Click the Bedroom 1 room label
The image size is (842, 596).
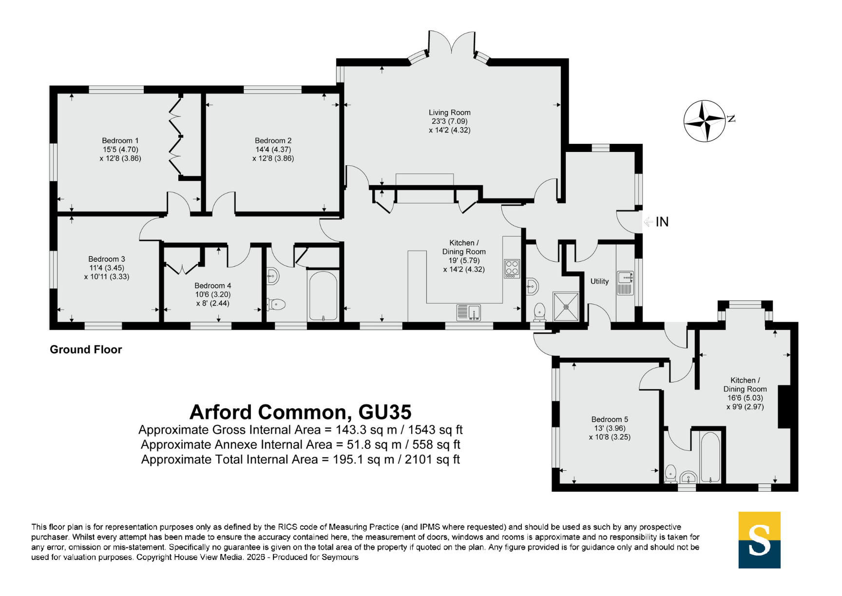point(120,141)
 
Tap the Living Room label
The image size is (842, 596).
point(449,113)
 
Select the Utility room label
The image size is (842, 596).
point(599,281)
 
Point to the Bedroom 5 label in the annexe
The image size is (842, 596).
point(610,419)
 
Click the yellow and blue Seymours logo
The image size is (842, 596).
point(759,540)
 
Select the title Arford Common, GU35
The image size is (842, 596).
point(300,412)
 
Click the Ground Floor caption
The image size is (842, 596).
point(86,349)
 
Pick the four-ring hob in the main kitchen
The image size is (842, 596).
point(512,269)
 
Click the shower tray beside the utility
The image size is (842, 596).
point(566,307)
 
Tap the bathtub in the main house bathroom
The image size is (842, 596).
point(323,296)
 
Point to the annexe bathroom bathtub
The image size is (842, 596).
point(710,457)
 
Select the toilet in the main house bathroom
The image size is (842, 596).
point(276,305)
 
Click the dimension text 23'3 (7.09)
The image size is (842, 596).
point(449,121)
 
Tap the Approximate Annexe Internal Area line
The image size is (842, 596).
point(300,444)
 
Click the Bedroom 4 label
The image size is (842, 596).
point(212,286)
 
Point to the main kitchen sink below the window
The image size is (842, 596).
point(469,312)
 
